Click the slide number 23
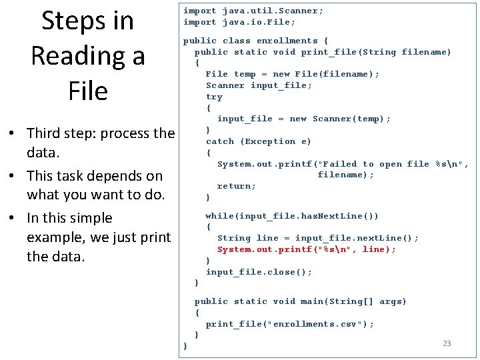pos(447,343)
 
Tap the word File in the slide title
pos(87,91)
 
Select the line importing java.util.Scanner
pos(253,11)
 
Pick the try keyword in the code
pos(214,97)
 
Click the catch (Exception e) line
pos(259,141)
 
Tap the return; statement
pos(237,186)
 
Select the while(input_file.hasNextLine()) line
pos(292,216)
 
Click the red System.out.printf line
pos(307,249)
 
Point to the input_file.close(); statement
pos(259,272)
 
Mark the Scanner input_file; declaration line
pos(259,85)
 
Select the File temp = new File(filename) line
pos(292,74)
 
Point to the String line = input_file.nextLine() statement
pos(318,238)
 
